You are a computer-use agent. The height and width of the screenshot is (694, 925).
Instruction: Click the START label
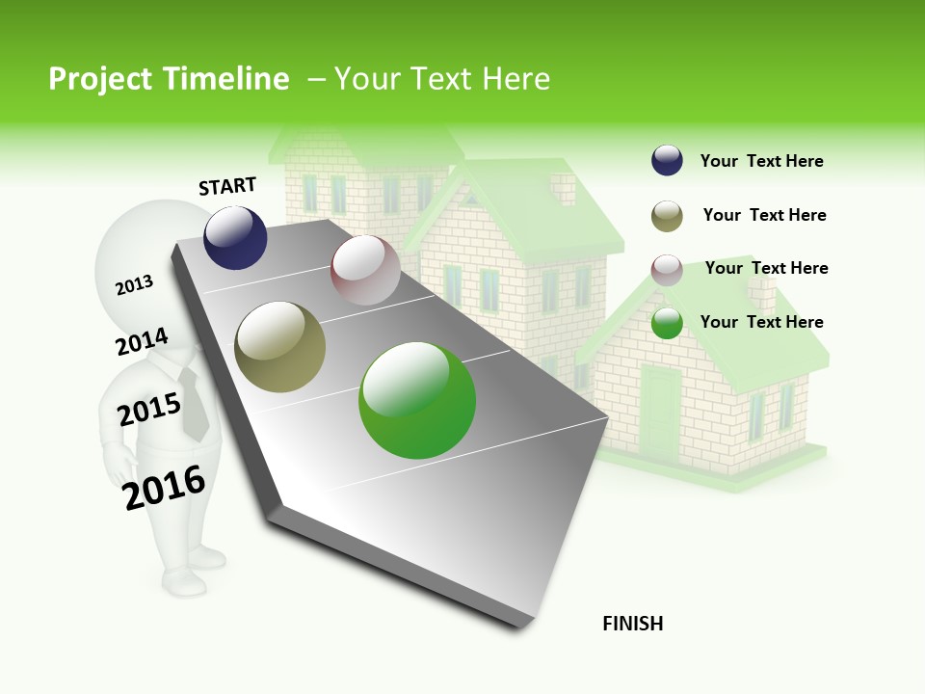pyautogui.click(x=227, y=185)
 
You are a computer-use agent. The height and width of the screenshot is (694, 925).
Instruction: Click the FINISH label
pyautogui.click(x=632, y=624)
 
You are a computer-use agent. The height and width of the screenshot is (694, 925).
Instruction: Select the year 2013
pyautogui.click(x=134, y=284)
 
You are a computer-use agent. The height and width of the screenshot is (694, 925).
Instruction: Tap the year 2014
pyautogui.click(x=142, y=341)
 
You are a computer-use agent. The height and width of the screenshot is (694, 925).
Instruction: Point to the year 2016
pyautogui.click(x=164, y=487)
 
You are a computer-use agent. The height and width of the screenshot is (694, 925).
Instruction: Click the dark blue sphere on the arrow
pyautogui.click(x=235, y=237)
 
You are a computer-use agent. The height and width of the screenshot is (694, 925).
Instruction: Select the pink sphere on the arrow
pyautogui.click(x=365, y=270)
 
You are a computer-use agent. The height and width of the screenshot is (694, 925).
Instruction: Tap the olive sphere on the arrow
pyautogui.click(x=280, y=347)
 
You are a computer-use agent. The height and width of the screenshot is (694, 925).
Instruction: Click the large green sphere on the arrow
pyautogui.click(x=417, y=400)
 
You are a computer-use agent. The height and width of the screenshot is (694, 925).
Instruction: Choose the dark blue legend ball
pyautogui.click(x=667, y=161)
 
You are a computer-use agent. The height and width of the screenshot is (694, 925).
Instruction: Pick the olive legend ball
pyautogui.click(x=667, y=215)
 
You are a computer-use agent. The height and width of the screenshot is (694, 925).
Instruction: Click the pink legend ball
pyautogui.click(x=667, y=269)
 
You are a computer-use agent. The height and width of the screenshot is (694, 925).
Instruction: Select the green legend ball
pyautogui.click(x=667, y=323)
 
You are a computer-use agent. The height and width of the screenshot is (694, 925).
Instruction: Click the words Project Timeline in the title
pyautogui.click(x=169, y=79)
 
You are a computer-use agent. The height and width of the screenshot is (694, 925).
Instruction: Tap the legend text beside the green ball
pyautogui.click(x=761, y=322)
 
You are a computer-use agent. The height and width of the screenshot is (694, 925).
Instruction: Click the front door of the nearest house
pyautogui.click(x=661, y=411)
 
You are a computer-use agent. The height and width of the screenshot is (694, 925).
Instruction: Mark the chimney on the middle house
pyautogui.click(x=561, y=188)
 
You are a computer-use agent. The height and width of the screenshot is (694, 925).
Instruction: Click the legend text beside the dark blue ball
pyautogui.click(x=761, y=161)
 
